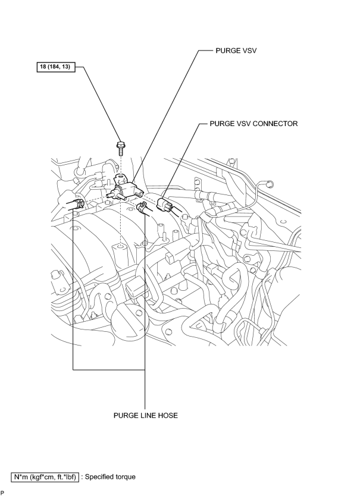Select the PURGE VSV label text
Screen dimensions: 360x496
point(236,51)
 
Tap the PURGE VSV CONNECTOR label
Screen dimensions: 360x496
point(253,124)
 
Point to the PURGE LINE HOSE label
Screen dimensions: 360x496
point(146,415)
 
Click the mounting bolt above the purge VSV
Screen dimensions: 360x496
point(121,148)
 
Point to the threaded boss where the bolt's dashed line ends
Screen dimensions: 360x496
point(121,250)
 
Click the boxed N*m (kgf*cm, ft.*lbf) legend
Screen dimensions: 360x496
point(45,477)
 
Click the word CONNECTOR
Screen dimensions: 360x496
point(276,124)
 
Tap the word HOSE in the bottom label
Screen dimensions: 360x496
point(169,415)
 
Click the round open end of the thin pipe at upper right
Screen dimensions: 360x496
point(270,183)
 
